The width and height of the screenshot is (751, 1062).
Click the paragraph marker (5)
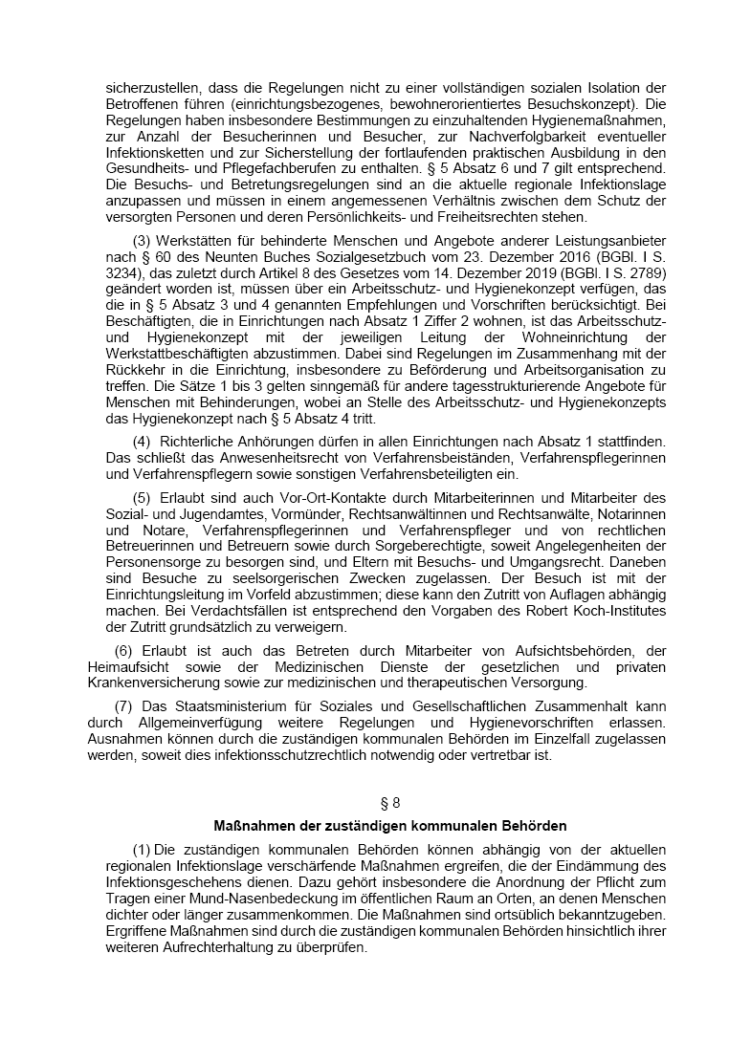pyautogui.click(x=142, y=497)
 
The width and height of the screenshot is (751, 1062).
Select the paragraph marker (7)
pyautogui.click(x=122, y=704)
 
